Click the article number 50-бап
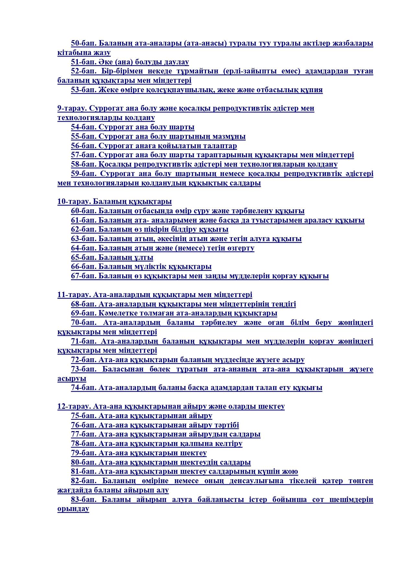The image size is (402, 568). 84,43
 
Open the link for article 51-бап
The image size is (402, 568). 84,62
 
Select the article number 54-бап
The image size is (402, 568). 84,127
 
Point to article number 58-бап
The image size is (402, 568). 84,164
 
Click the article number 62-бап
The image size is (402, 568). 84,230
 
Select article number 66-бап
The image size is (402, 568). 84,267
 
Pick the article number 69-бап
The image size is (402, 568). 84,314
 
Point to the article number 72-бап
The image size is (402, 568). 84,360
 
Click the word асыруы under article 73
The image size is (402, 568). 72,379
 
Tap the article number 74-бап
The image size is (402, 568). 84,388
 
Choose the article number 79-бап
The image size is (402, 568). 84,453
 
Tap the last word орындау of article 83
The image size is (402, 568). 73,509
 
